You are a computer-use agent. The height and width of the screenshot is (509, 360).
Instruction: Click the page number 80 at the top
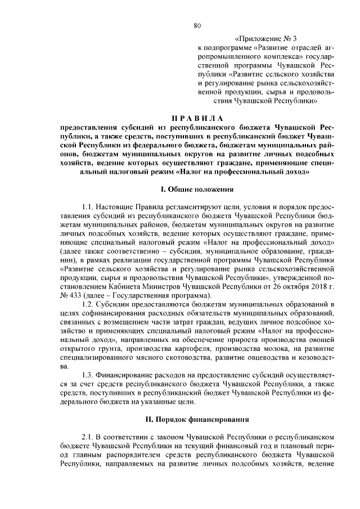click(x=197, y=25)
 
